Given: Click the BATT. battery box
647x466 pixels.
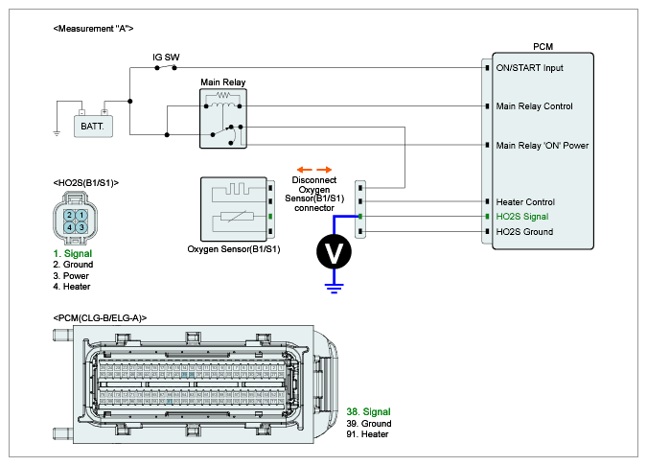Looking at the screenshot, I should click(93, 125).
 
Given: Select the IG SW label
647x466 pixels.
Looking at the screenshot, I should click(166, 58).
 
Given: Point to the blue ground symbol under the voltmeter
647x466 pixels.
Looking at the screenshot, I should click(334, 283).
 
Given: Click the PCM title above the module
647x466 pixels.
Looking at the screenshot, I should click(542, 46).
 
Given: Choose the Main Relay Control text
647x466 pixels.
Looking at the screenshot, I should click(534, 105).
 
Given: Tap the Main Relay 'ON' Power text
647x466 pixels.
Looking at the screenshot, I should click(542, 145).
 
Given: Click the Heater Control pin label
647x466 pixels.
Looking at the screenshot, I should click(524, 202).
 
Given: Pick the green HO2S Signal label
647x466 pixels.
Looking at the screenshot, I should click(521, 217).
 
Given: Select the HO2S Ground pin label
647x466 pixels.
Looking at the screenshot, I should click(523, 231).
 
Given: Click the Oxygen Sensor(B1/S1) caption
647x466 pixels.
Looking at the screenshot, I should click(234, 249).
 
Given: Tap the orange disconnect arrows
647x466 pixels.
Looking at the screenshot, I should click(313, 169).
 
